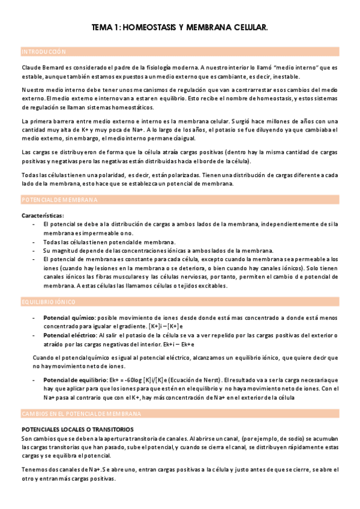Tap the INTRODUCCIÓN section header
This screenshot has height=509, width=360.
click(44, 52)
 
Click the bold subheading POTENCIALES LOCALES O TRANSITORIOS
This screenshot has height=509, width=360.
click(77, 430)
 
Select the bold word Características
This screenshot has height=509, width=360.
click(43, 215)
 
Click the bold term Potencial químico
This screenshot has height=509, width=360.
click(66, 318)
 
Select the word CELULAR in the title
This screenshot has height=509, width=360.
click(248, 28)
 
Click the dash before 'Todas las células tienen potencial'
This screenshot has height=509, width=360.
click(33, 242)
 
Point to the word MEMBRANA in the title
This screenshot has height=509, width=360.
click(210, 28)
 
